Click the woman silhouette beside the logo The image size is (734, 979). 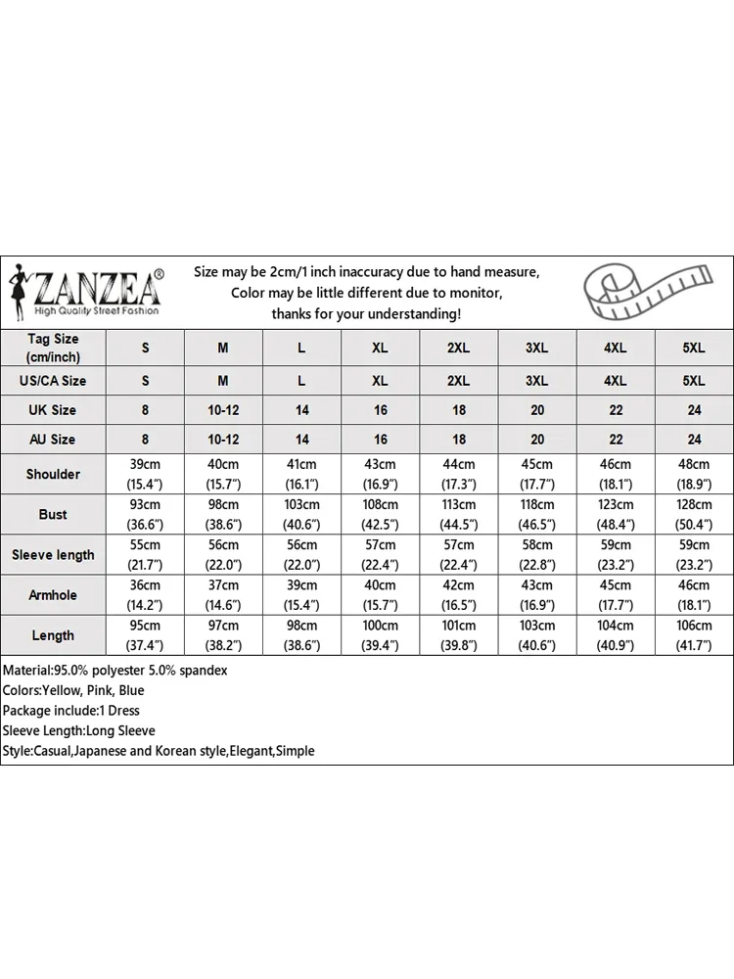coord(19,291)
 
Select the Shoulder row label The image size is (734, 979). coord(53,474)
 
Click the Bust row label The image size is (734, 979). coord(53,514)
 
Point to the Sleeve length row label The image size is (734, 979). coord(53,555)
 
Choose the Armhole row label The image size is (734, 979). coord(53,595)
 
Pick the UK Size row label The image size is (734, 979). coord(53,410)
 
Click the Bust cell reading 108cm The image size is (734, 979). coord(380,505)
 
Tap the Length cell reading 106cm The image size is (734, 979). coord(694,626)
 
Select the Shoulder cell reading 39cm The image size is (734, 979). coord(145,464)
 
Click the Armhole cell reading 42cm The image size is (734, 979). coord(459,585)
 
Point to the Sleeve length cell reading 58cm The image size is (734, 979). coord(537,545)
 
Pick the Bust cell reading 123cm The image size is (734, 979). coord(616,505)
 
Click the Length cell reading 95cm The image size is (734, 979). coord(145,626)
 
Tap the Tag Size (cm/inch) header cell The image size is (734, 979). coord(53,348)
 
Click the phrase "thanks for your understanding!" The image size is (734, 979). coord(366,313)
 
